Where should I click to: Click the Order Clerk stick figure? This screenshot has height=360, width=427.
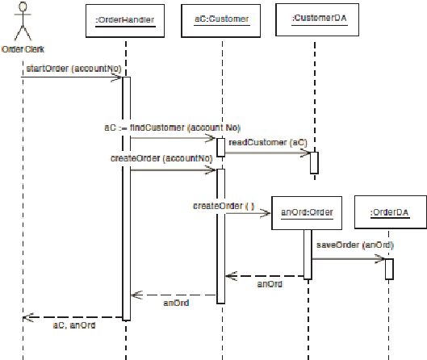pos(23,21)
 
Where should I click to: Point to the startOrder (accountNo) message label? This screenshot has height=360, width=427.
pos(73,69)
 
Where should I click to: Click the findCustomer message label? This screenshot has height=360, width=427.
pos(172,128)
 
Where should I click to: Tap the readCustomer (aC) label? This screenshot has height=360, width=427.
pos(268,142)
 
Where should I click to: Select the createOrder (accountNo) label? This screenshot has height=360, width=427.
pos(161,158)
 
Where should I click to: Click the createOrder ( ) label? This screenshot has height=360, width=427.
pos(224,206)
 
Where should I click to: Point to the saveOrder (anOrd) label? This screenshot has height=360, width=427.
pos(355,245)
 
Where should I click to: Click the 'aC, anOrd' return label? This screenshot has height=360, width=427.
pos(74,325)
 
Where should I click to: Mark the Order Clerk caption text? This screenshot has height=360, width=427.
pos(23,49)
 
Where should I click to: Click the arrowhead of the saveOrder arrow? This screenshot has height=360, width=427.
pos(380,258)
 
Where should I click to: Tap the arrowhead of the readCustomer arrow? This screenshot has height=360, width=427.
pos(305,153)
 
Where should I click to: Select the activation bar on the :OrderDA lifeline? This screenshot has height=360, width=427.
pos(389,269)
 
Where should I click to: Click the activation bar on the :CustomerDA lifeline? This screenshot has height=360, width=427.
pos(314,163)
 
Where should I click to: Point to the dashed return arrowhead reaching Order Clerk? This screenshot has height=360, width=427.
pos(27,317)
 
